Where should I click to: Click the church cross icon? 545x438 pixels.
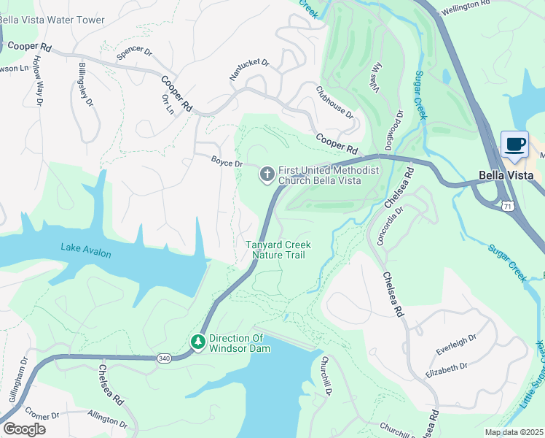coord(267,174)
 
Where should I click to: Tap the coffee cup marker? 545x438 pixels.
coord(515,145)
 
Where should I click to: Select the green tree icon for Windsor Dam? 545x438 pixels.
coord(197,342)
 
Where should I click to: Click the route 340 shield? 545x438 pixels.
coord(163,358)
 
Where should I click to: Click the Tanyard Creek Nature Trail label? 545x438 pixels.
coord(278,250)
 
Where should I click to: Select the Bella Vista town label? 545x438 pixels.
coord(506,175)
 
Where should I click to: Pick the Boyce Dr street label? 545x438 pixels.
coord(227,164)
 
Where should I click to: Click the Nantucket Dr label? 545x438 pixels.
coord(249,69)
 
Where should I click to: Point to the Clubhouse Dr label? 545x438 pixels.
coord(334,103)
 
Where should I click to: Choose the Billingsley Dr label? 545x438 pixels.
coord(85,85)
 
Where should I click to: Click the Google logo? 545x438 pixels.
coord(24,429)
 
